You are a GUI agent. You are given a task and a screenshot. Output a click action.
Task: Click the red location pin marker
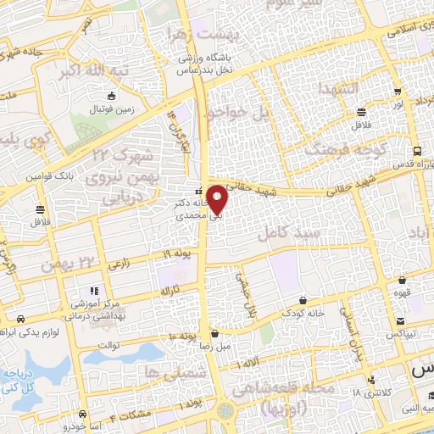click(x=218, y=198)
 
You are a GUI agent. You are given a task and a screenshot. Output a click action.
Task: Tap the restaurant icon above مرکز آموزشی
click(x=95, y=290)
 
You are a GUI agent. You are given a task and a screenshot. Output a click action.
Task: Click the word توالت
click(x=116, y=343)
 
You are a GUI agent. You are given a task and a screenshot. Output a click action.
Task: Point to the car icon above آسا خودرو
click(x=82, y=415)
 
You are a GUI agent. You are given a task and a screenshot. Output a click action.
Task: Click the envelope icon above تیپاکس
click(x=398, y=320)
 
